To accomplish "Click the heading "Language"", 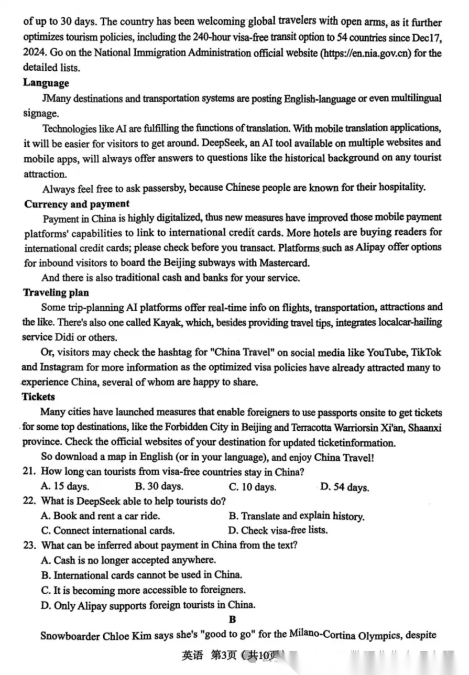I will (46, 83).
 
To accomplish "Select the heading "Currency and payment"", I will (77, 204).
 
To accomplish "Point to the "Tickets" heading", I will (38, 397).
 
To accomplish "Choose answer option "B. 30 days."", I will (159, 486).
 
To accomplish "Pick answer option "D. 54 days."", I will (344, 487).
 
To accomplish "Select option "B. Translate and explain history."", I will (297, 516).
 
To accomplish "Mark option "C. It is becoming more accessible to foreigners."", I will (143, 590).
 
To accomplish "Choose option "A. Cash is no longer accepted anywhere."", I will (128, 560).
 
